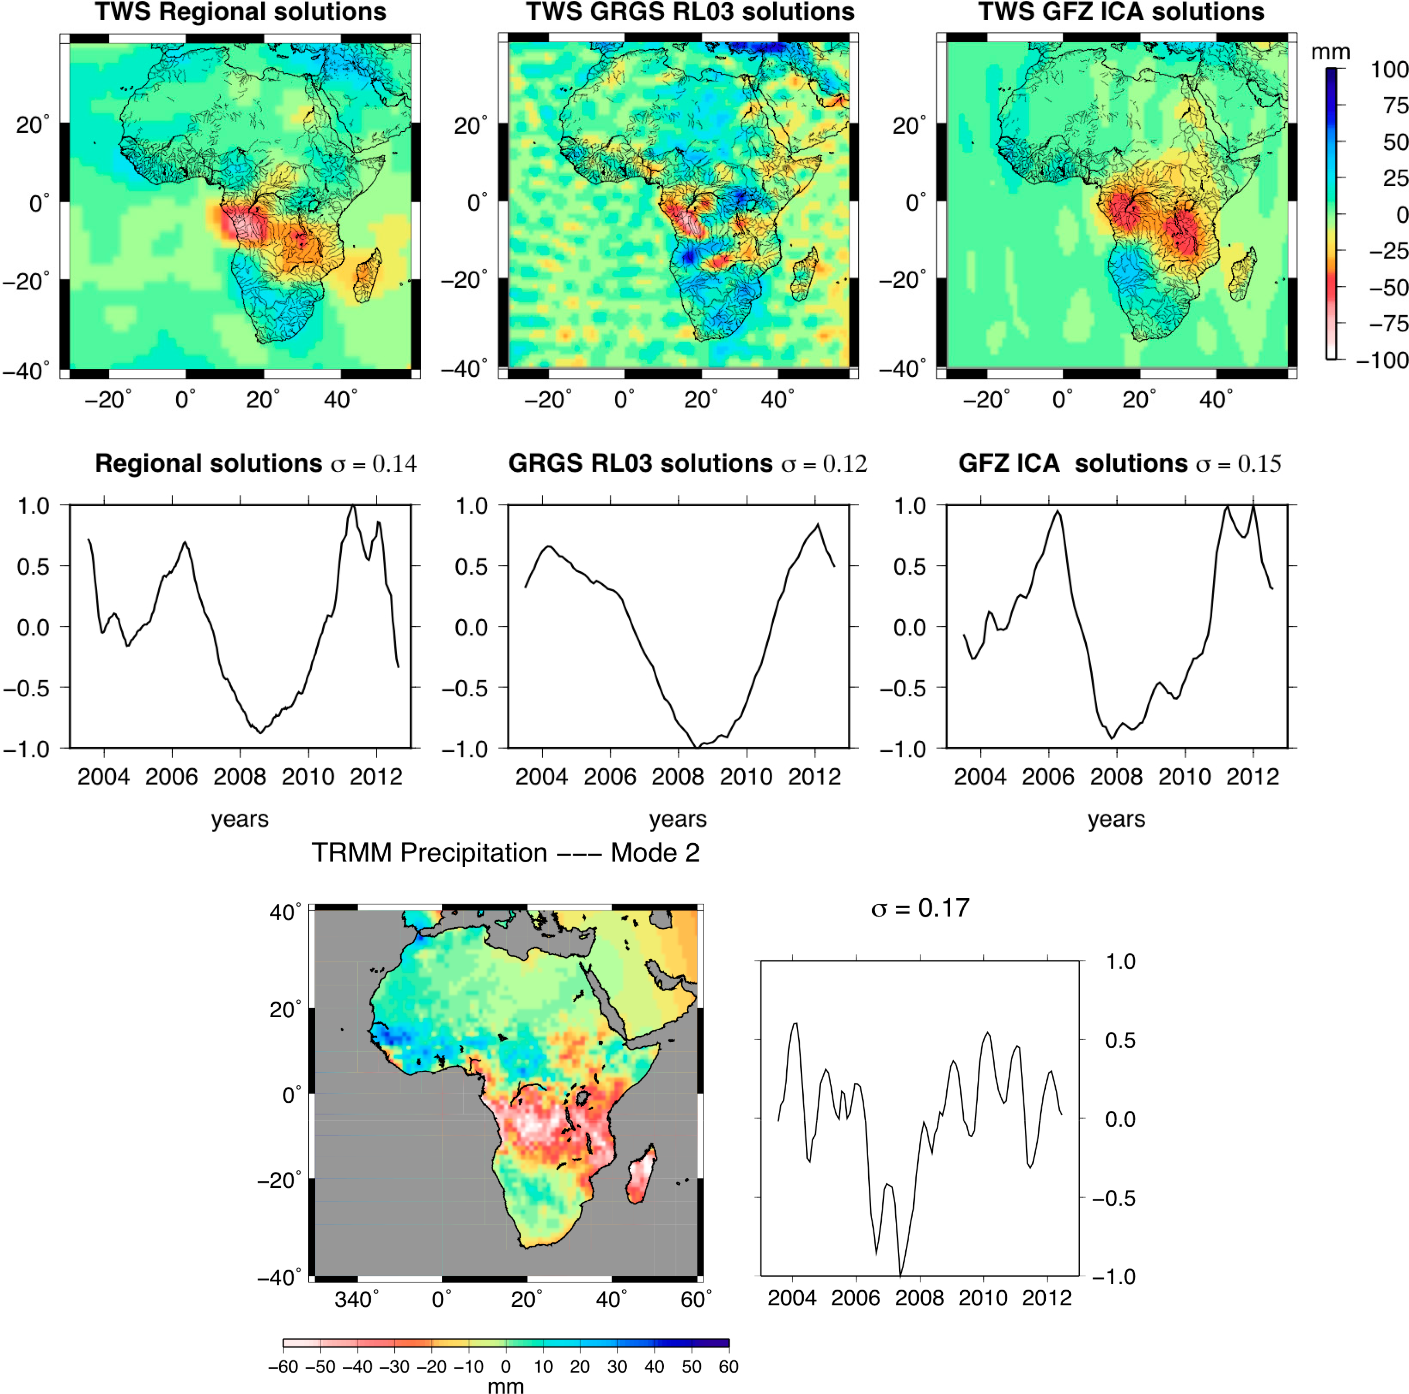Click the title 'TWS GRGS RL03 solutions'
point(690,12)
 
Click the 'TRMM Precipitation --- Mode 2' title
point(505,852)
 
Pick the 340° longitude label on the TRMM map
point(356,1299)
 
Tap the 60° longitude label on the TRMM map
point(695,1299)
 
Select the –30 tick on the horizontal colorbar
point(395,1366)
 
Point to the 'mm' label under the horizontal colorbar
point(505,1385)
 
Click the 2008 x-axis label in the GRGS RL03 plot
point(678,777)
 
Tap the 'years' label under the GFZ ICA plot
point(1116,819)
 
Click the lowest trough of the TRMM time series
point(901,1275)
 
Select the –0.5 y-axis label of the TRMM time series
point(1114,1198)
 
